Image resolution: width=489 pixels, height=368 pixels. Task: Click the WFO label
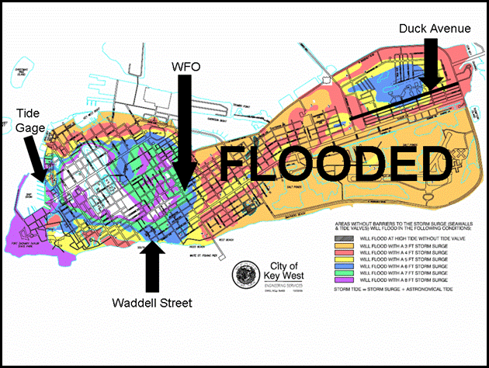pyautogui.click(x=186, y=67)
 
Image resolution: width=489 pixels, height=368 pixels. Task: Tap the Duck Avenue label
pyautogui.click(x=435, y=29)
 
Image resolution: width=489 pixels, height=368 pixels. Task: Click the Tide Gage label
pyautogui.click(x=30, y=120)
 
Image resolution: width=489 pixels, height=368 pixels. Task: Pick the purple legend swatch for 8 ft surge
pyautogui.click(x=336, y=280)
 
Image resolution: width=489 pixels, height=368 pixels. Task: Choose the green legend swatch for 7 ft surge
pyautogui.click(x=336, y=273)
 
